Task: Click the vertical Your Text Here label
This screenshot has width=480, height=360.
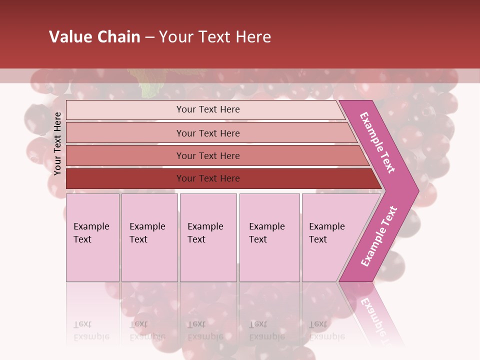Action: pos(57,143)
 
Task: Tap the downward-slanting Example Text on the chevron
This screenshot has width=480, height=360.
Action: pos(377,142)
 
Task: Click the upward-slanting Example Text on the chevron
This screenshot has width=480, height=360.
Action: pos(378,236)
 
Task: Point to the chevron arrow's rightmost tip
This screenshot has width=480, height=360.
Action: pos(418,191)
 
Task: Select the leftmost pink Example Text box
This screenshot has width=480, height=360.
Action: pos(92,237)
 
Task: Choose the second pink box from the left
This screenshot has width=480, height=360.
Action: pos(149,237)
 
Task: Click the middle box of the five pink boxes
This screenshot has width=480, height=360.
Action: pos(208,237)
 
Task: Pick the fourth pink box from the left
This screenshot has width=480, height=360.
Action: pos(269,237)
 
